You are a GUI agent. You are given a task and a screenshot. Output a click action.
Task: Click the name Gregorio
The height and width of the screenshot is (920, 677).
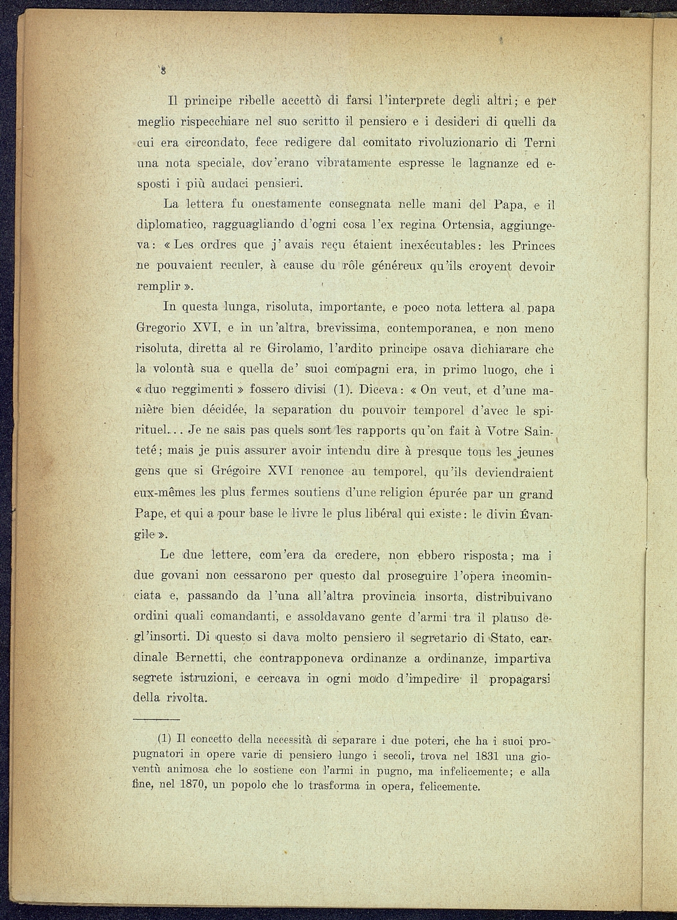pos(162,328)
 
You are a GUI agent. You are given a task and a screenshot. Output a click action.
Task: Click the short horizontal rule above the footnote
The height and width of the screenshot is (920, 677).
pos(156,719)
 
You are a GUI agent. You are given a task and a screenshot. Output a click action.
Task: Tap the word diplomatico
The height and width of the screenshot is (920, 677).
pos(170,224)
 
